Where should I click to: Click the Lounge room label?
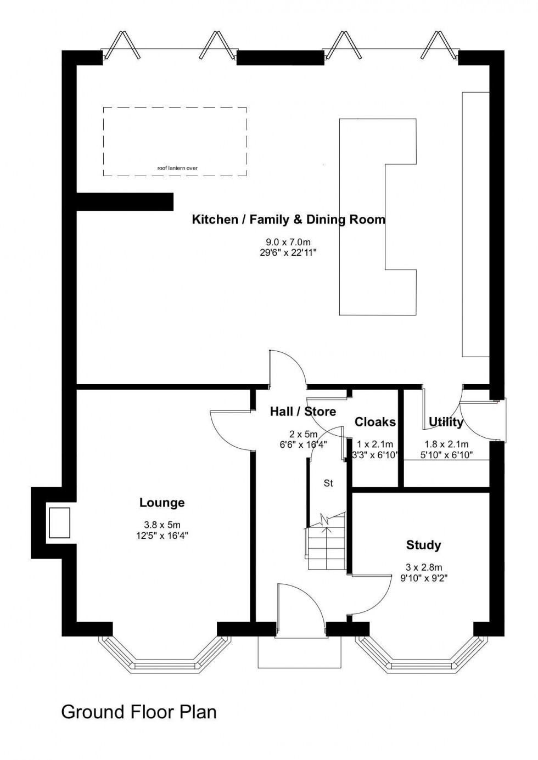point(162,502)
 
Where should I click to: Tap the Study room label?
point(423,545)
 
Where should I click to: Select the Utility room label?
point(446,422)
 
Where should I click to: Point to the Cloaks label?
point(375,422)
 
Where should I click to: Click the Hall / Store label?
point(302,412)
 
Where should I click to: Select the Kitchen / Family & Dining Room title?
point(288,220)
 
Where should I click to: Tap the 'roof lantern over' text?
point(177,168)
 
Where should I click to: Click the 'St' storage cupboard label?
point(328,483)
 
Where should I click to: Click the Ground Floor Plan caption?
point(139,712)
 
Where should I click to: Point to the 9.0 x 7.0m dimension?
point(288,242)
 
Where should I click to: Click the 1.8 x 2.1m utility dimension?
point(446,444)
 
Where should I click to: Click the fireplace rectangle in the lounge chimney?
point(59,522)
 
